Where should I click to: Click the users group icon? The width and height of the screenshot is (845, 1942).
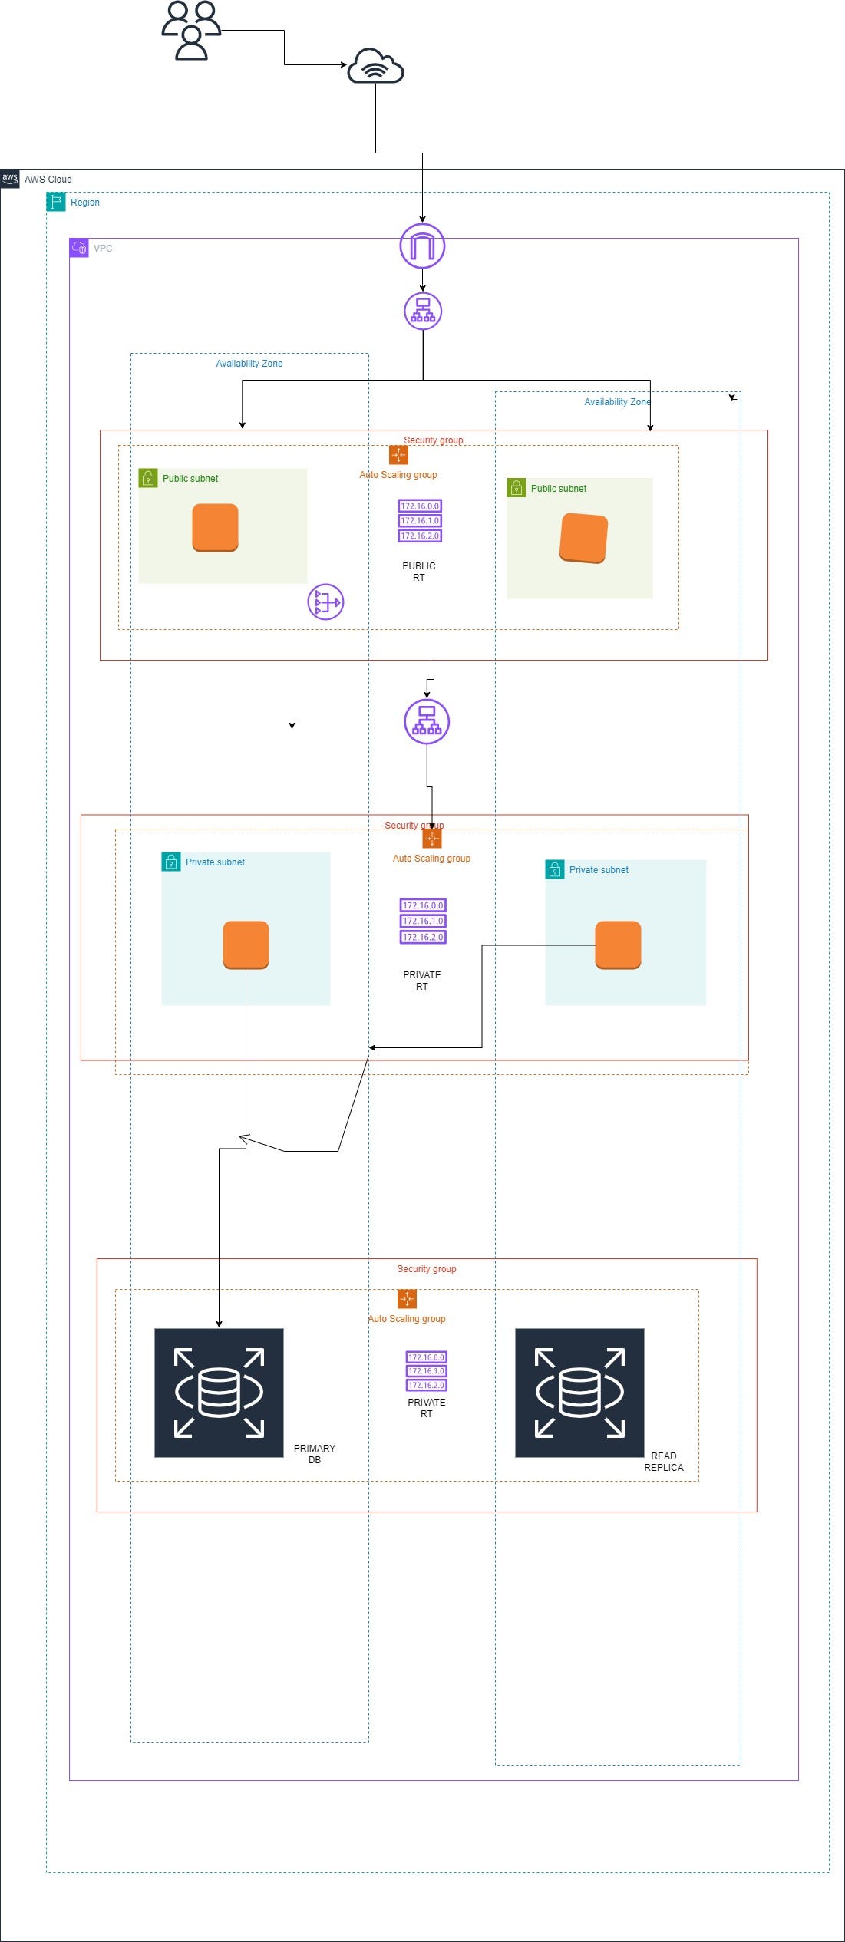191,31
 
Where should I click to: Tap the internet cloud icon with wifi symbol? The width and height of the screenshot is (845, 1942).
375,66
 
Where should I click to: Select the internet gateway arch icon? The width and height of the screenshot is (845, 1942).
422,246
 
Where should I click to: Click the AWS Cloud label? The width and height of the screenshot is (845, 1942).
48,179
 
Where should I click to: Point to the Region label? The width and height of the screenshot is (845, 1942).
84,203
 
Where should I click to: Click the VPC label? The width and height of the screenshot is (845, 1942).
103,249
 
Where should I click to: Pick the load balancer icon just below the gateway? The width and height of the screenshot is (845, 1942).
423,311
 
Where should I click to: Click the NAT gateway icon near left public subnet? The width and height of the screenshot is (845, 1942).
325,602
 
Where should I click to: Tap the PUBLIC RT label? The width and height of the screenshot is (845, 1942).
419,572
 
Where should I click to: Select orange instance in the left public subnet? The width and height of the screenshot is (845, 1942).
215,527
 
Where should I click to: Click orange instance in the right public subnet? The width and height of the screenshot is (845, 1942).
583,538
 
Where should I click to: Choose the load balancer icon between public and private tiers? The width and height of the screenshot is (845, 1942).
427,721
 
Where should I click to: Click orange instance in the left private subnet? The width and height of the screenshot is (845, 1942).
246,945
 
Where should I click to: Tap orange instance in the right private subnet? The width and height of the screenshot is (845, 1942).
618,945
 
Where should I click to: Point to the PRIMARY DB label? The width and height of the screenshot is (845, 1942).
315,1454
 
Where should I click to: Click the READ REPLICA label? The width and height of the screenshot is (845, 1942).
664,1462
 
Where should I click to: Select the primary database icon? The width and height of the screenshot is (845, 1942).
219,1393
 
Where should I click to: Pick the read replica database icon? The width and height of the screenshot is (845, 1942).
579,1393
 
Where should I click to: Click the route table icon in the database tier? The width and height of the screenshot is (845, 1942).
426,1371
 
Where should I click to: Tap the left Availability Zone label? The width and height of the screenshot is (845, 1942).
249,364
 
